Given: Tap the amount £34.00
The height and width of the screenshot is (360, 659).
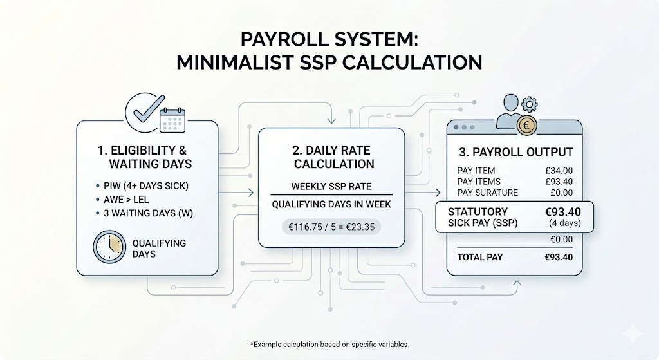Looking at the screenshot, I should [x=559, y=171].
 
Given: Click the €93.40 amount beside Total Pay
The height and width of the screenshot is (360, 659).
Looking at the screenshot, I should [x=558, y=257].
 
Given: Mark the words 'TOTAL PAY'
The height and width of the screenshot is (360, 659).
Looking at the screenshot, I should [x=480, y=257].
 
